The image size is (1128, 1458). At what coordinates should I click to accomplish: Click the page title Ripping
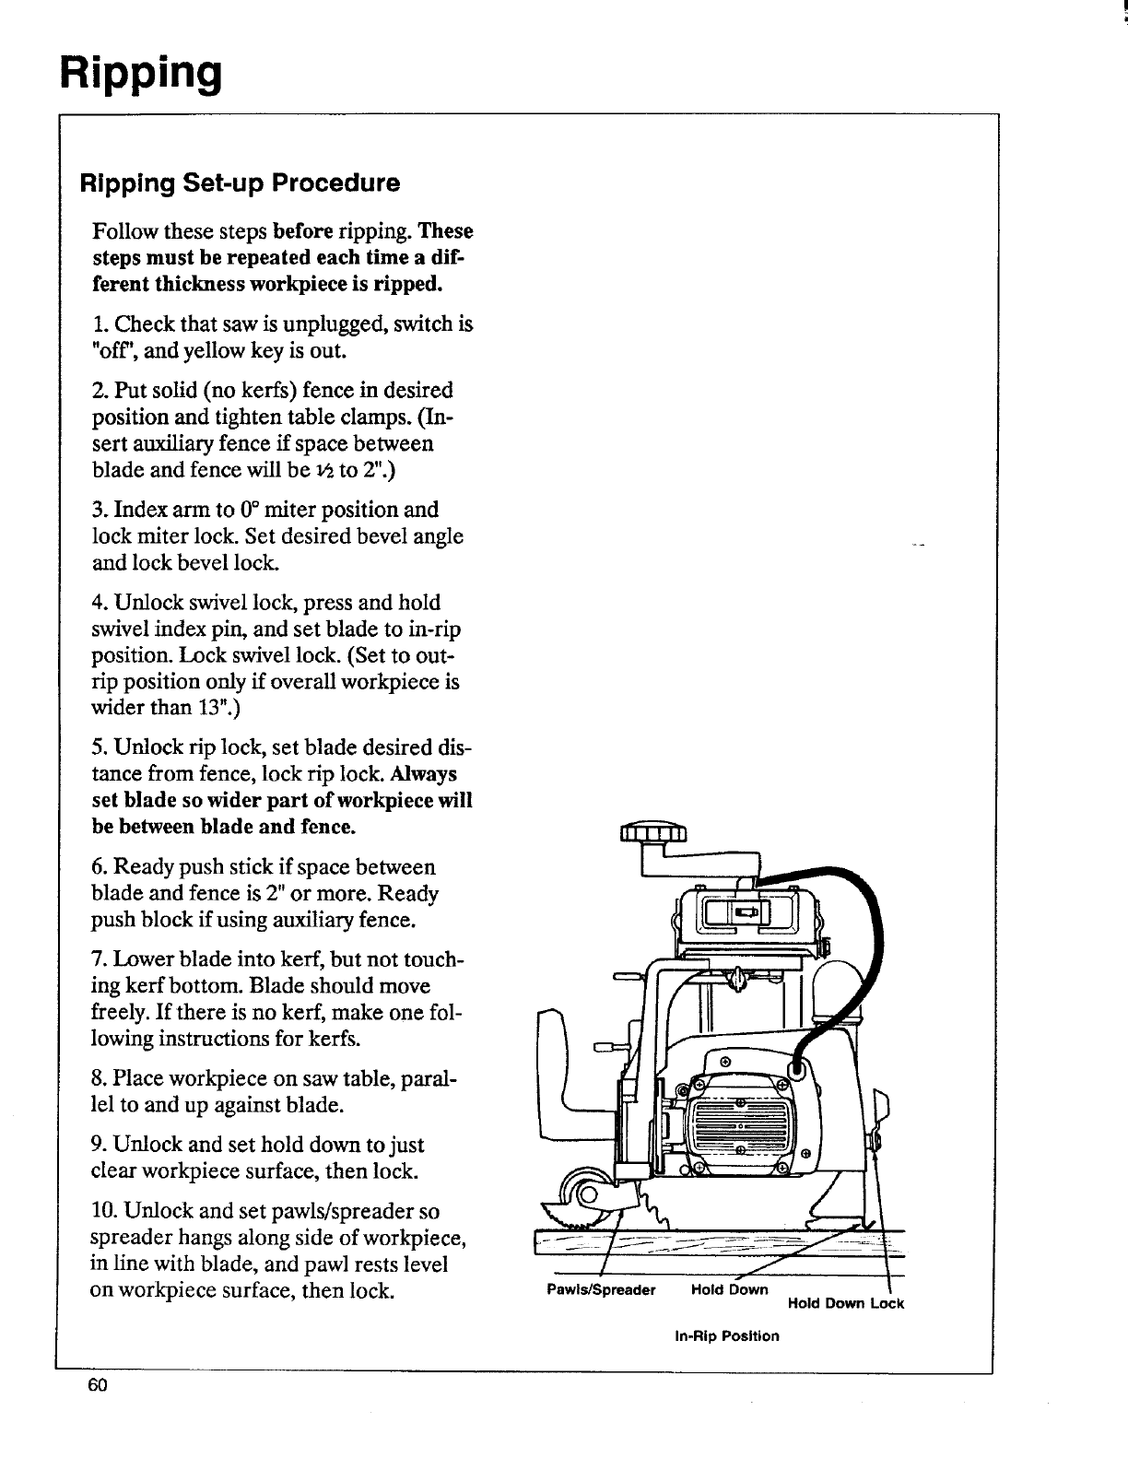141,72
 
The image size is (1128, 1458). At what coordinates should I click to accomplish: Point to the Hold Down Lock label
846,1303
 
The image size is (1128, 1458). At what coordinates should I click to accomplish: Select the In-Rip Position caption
727,1335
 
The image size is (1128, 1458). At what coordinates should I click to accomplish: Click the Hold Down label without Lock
729,1289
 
